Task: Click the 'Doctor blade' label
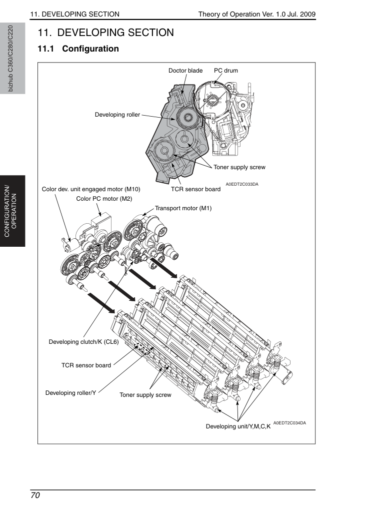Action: pyautogui.click(x=185, y=71)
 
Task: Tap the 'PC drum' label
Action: pyautogui.click(x=226, y=71)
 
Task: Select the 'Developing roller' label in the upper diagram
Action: pyautogui.click(x=117, y=115)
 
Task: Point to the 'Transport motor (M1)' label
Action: pyautogui.click(x=183, y=208)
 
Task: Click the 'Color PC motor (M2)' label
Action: pyautogui.click(x=104, y=199)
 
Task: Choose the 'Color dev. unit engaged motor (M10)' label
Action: pyautogui.click(x=91, y=189)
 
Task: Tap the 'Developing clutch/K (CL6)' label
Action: pyautogui.click(x=83, y=342)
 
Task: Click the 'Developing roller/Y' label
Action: pyautogui.click(x=71, y=393)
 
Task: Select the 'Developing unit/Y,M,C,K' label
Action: pyautogui.click(x=238, y=426)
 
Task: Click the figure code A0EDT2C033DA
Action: pyautogui.click(x=242, y=184)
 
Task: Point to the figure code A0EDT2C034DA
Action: pyautogui.click(x=289, y=423)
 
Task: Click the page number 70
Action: pyautogui.click(x=35, y=495)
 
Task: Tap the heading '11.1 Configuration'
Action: pyautogui.click(x=78, y=49)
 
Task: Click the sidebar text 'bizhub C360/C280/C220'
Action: pyautogui.click(x=10, y=59)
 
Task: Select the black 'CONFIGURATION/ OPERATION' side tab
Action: pyautogui.click(x=12, y=211)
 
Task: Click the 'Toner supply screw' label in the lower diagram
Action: pyautogui.click(x=145, y=395)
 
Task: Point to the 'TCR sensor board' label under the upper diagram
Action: pyautogui.click(x=195, y=189)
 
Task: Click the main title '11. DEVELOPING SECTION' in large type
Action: pyautogui.click(x=105, y=33)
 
